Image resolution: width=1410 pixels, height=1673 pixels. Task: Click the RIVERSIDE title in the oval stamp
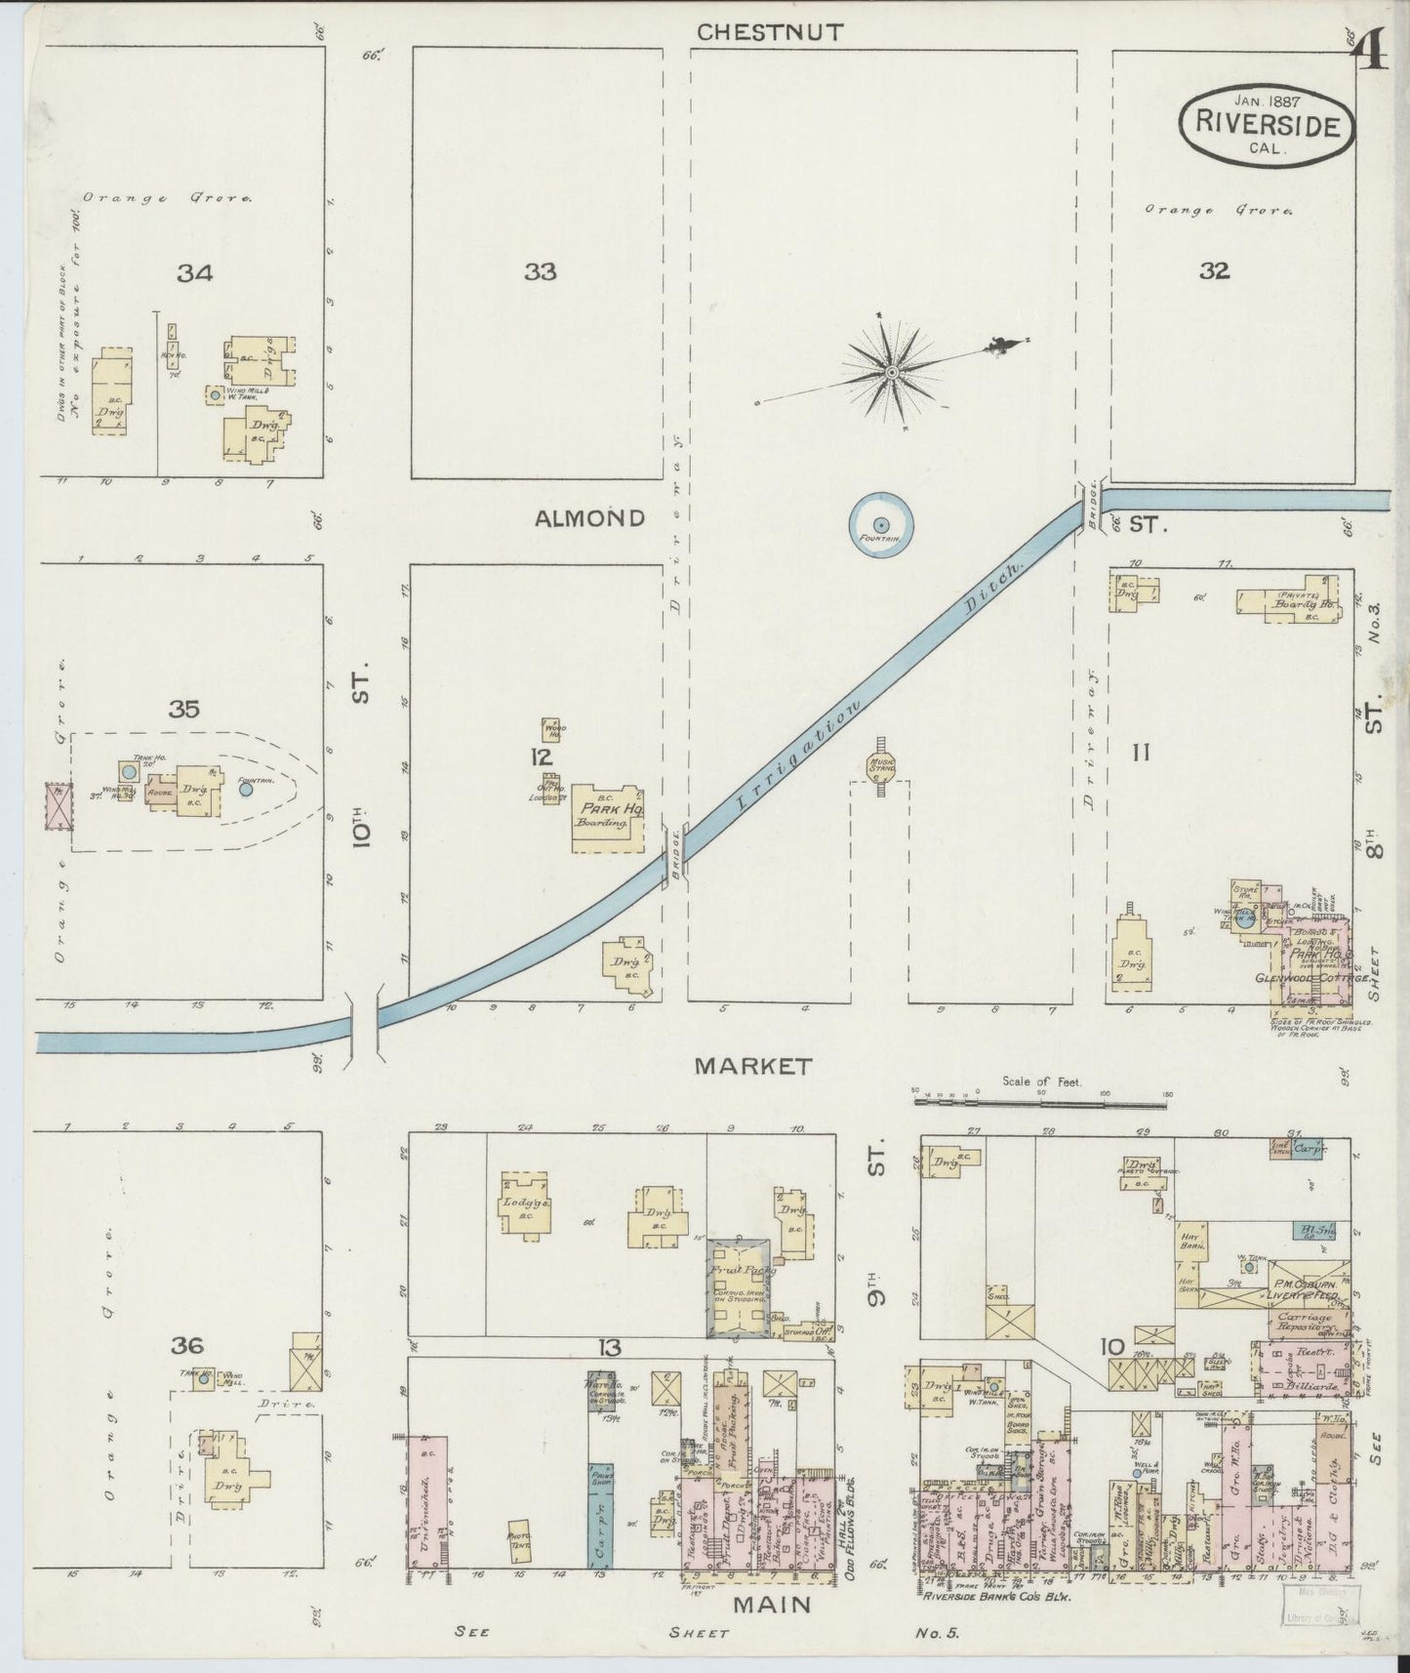pyautogui.click(x=1267, y=123)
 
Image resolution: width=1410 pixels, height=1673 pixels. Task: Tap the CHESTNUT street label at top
pyautogui.click(x=770, y=31)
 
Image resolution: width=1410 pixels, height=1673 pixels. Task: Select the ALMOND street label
pyautogui.click(x=589, y=518)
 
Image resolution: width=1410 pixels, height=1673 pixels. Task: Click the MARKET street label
pyautogui.click(x=752, y=1066)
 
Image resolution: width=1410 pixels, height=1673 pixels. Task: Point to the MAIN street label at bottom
pyautogui.click(x=772, y=1603)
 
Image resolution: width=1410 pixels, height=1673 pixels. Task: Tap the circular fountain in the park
pyautogui.click(x=880, y=525)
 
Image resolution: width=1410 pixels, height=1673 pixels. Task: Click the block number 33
pyautogui.click(x=540, y=272)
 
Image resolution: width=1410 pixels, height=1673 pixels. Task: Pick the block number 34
pyautogui.click(x=194, y=274)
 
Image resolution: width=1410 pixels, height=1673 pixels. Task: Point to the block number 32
pyautogui.click(x=1214, y=272)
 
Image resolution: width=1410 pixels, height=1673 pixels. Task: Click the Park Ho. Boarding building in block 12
pyautogui.click(x=607, y=817)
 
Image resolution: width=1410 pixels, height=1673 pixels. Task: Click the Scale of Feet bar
pyautogui.click(x=1040, y=1103)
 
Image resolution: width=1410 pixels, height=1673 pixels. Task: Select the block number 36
pyautogui.click(x=187, y=1346)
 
